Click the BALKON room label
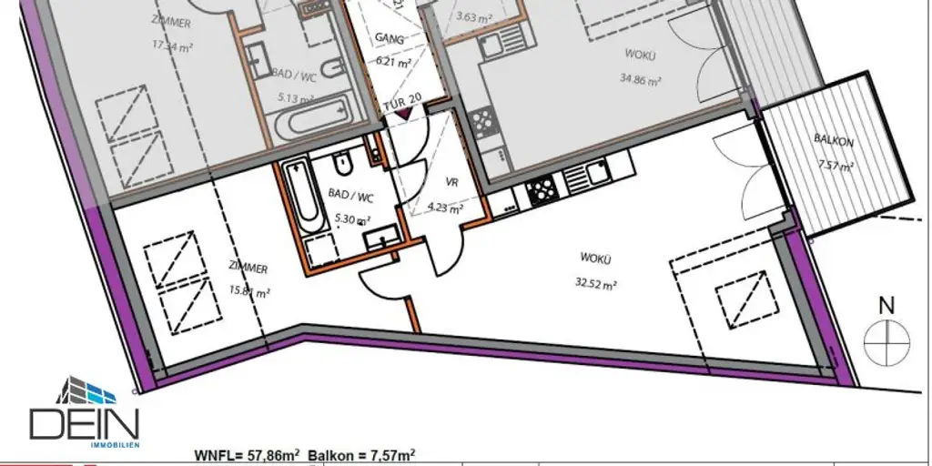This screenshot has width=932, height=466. (x=834, y=141)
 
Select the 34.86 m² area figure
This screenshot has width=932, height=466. (x=640, y=80)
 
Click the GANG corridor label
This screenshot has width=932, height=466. (x=390, y=38)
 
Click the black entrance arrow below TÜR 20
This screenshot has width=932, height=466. (x=403, y=115)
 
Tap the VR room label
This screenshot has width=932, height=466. (x=451, y=183)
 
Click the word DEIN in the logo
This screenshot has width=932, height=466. (x=84, y=425)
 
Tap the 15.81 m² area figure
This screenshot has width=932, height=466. (x=249, y=292)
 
